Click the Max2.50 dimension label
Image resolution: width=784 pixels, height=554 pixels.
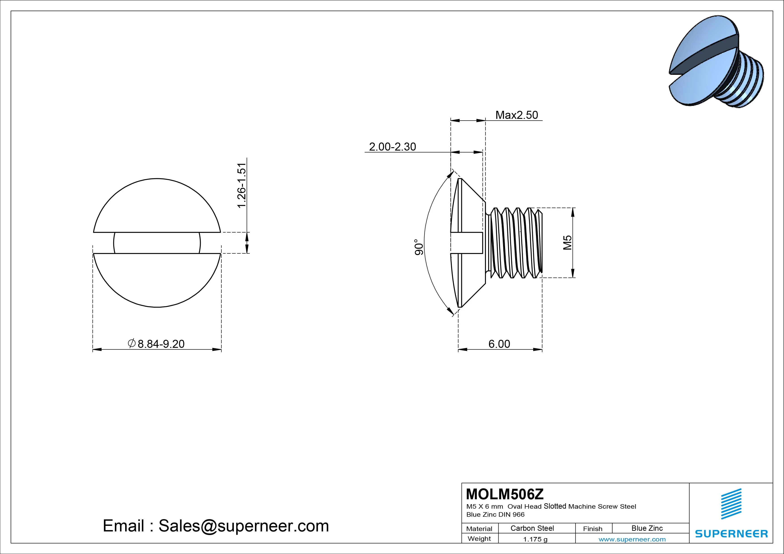coord(516,115)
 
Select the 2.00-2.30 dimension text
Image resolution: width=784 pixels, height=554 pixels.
coord(392,147)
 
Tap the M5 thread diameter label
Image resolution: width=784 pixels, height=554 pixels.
coord(567,242)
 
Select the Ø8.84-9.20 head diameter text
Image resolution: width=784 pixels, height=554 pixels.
coord(156,344)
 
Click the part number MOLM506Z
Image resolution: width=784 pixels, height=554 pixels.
coord(505,494)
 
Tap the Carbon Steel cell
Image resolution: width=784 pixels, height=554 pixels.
coord(532,528)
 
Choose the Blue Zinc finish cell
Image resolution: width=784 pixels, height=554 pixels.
coord(647,528)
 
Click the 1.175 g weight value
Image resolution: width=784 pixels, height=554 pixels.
coord(535,539)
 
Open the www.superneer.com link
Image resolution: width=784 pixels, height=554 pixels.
coord(632,539)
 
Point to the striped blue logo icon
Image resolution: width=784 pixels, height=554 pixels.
coord(731,504)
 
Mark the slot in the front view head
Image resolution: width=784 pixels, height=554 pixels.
coord(157,243)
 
